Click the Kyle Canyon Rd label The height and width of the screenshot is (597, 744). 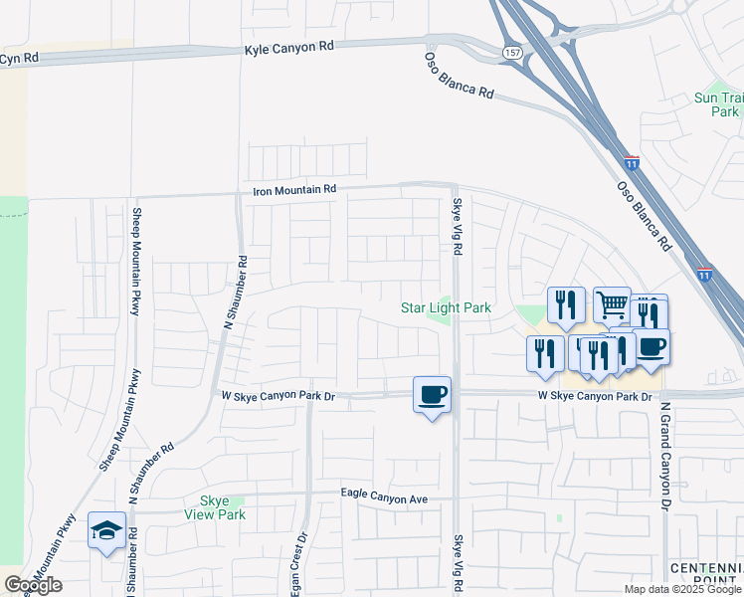(288, 48)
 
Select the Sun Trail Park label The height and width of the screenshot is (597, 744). (717, 104)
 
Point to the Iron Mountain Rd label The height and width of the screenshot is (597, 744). (295, 188)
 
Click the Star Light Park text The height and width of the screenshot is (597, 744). (446, 308)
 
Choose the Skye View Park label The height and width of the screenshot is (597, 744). (215, 507)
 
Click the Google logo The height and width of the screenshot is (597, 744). (33, 584)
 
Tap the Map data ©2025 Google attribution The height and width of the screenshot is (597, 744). (681, 589)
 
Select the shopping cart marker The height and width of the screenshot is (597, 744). (612, 303)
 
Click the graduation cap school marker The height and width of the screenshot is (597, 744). (106, 529)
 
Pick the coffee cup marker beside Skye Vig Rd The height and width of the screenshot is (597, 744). (432, 394)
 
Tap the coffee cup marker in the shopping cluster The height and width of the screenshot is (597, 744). (651, 346)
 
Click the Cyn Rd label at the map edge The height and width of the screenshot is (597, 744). (19, 59)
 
